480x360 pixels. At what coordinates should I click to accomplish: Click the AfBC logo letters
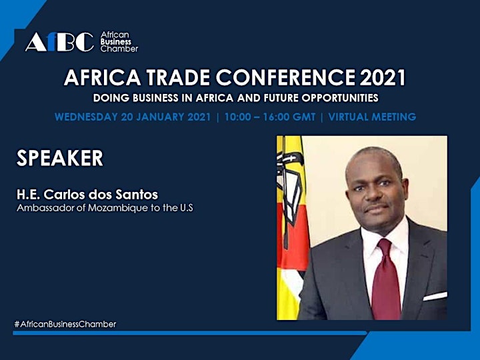tap(60, 41)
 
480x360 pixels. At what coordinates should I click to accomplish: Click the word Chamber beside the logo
tap(119, 49)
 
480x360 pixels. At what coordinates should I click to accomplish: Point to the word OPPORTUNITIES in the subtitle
tap(340, 98)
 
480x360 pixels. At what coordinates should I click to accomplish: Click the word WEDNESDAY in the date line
tap(86, 117)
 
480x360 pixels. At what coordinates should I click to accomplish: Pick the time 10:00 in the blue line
tap(237, 117)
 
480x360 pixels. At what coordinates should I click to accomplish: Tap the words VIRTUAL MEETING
tap(372, 117)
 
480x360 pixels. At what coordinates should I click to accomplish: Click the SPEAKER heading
tap(60, 158)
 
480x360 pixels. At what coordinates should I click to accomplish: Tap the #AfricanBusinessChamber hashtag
tap(65, 324)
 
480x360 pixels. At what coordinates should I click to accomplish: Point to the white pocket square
tap(435, 296)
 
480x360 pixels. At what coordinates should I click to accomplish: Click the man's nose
tap(373, 194)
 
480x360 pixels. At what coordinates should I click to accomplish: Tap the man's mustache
tap(375, 206)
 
